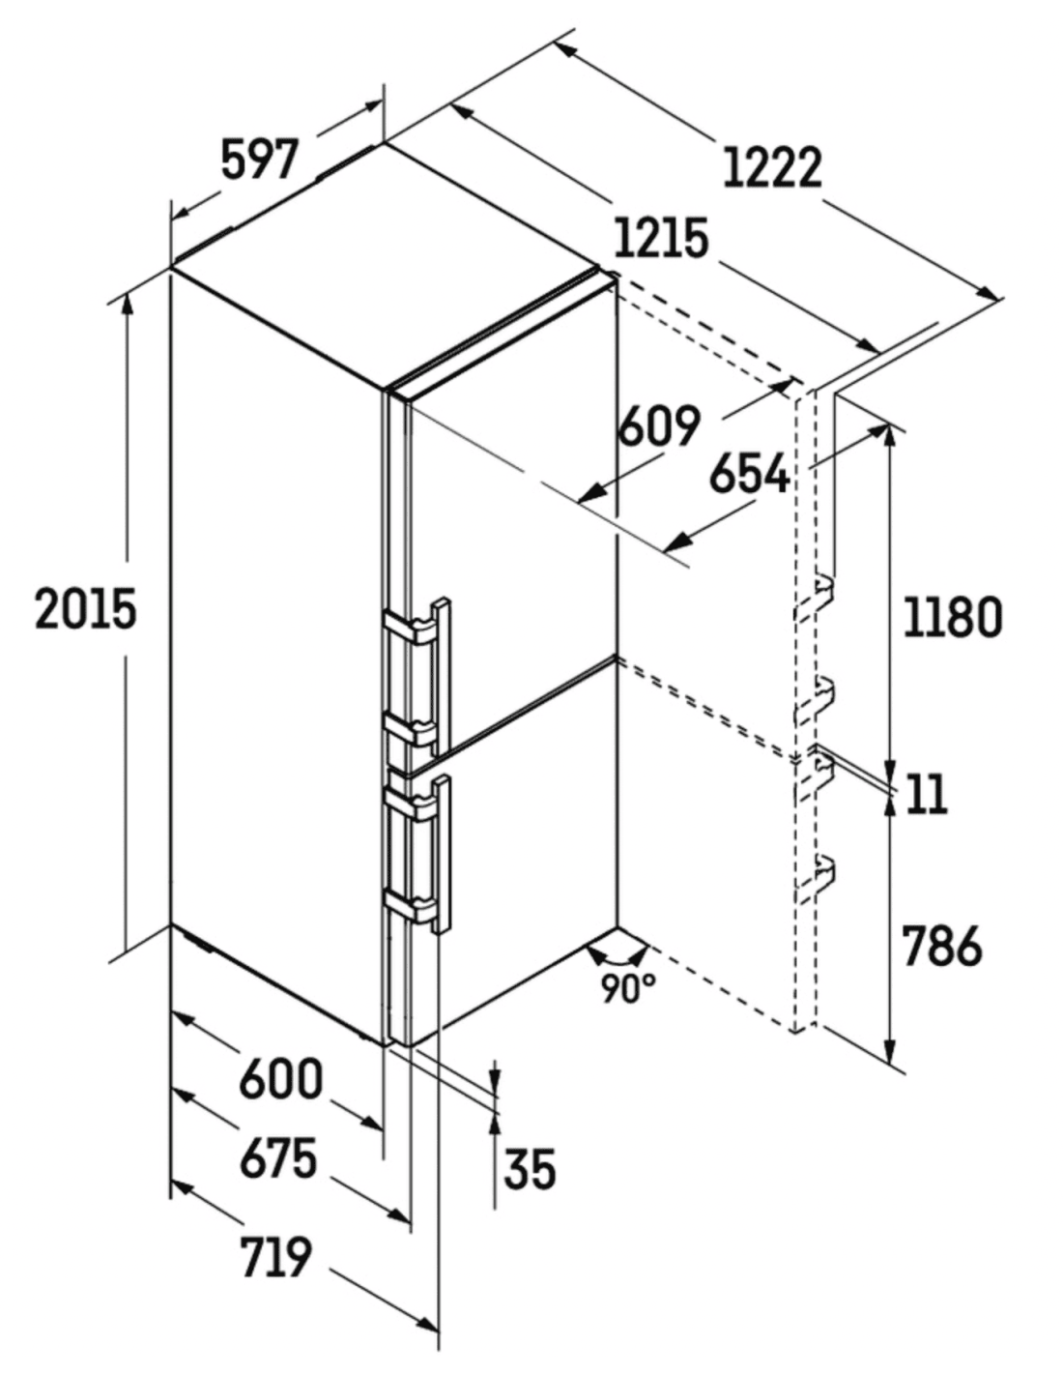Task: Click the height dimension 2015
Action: pyautogui.click(x=85, y=609)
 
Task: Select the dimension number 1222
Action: pyautogui.click(x=772, y=167)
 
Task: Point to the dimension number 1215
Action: pyautogui.click(x=661, y=239)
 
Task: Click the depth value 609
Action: pyautogui.click(x=658, y=425)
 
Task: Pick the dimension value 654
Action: pyautogui.click(x=749, y=473)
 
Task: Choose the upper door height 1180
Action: pyautogui.click(x=953, y=616)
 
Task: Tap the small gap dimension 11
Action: pyautogui.click(x=927, y=794)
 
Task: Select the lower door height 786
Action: pyautogui.click(x=941, y=946)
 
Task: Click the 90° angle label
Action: pyautogui.click(x=628, y=990)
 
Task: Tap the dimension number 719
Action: pyautogui.click(x=275, y=1240)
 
